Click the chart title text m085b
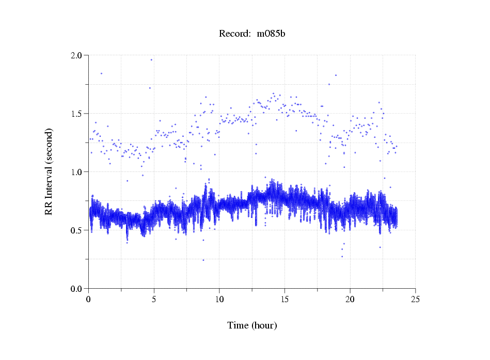coord(271,34)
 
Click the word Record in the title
coord(233,34)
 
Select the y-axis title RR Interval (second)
coord(49,171)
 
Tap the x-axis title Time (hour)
coord(252,325)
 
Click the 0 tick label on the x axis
coord(89,299)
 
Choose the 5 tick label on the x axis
coord(154,299)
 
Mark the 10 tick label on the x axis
coord(219,299)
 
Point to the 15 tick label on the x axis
coord(284,299)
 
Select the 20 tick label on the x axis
coord(350,299)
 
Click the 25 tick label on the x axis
coord(415,299)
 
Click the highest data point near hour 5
coord(151,59)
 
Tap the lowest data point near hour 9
coord(203,260)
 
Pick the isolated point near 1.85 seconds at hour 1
coord(101,73)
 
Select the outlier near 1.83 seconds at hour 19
coord(336,75)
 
